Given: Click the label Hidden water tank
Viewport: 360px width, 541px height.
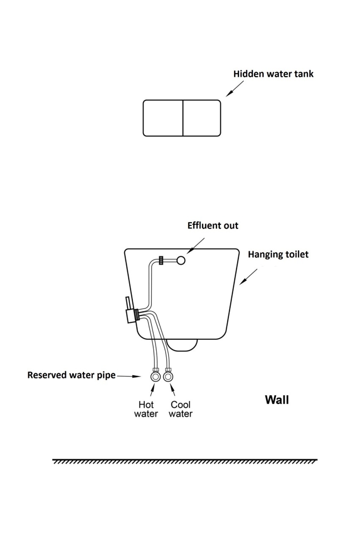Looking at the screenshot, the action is coord(273,74).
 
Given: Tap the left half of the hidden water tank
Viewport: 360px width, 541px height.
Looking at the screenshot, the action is coord(163,118).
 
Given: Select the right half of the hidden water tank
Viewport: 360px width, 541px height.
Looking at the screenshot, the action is coord(202,118).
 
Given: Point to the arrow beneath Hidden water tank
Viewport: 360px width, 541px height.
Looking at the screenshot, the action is coord(235,89).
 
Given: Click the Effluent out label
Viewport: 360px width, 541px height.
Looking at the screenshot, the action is coord(213,226).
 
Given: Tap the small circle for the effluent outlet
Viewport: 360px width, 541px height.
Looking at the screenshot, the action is coord(181,260).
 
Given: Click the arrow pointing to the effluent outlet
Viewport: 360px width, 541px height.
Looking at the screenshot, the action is coord(196,246).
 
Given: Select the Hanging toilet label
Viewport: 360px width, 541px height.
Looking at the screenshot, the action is coord(278,254).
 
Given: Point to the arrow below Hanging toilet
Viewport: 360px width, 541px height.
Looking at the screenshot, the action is coord(248,277).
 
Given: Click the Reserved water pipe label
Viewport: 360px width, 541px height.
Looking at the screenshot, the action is coord(71,375).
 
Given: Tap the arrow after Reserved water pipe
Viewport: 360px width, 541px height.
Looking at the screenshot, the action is coord(129,376).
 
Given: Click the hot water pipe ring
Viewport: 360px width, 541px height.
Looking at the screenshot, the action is coord(155,377).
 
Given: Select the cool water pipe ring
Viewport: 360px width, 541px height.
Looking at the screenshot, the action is coord(168,377).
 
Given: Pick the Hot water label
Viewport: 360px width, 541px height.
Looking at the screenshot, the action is coord(146,409).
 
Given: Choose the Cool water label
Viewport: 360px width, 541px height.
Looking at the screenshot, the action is coord(180,409).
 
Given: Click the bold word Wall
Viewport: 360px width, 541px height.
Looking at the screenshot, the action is coord(277,400).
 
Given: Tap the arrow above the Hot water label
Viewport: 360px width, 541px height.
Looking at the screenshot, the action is coord(153,389).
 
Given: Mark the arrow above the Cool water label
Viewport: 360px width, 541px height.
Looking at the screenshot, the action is coord(172,389).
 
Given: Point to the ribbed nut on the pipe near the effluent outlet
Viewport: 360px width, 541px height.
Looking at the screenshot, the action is coord(161,260).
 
